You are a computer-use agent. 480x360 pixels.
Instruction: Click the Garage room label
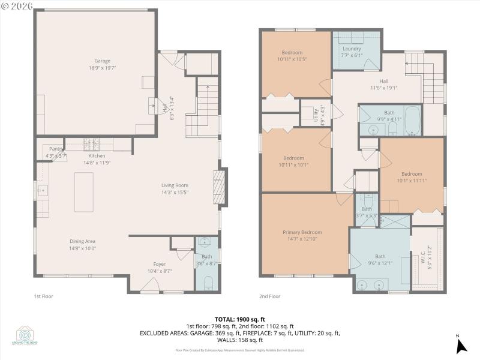[102, 61]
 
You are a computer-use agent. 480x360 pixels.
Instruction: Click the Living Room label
[175, 185]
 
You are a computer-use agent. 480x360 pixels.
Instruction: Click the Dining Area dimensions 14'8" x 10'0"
[83, 248]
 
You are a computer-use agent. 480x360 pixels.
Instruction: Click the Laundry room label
[352, 49]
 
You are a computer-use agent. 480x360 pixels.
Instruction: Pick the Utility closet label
[316, 115]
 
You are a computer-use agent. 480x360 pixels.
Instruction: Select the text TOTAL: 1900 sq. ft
[239, 319]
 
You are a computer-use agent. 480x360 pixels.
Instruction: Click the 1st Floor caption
[44, 296]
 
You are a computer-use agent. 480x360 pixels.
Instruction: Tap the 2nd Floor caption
[269, 296]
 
